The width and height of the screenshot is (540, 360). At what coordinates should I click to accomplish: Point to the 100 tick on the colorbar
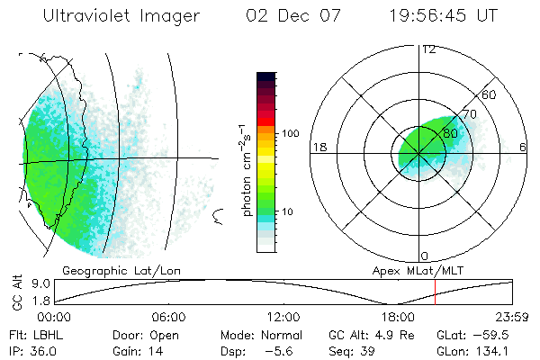(290, 133)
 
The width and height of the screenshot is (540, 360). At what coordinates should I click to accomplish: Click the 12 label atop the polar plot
(428, 49)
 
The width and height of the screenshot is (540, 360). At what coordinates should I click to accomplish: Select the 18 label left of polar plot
(319, 147)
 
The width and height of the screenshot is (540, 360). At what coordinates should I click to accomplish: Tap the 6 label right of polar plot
(523, 147)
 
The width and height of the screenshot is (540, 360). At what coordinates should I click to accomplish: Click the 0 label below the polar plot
(425, 256)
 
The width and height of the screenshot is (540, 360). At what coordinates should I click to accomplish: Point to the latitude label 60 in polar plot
(490, 94)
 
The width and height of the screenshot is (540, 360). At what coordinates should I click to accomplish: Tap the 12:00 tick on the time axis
(283, 317)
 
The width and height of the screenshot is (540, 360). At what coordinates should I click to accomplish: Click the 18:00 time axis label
(398, 317)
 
